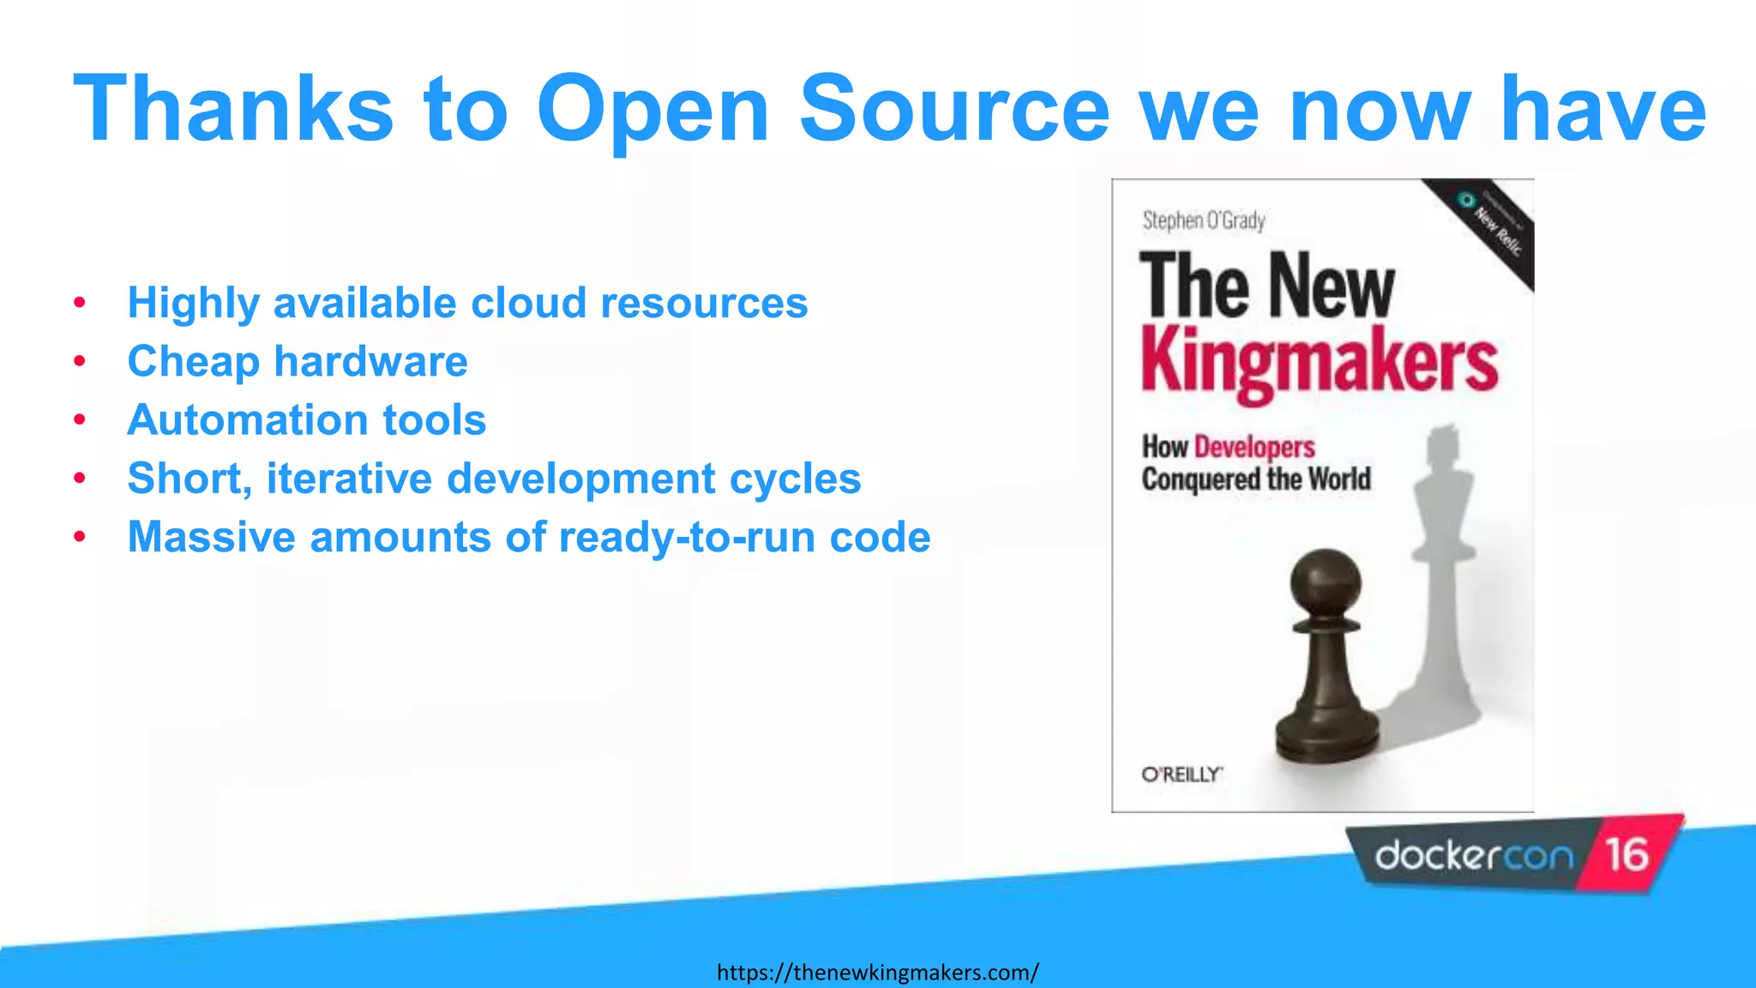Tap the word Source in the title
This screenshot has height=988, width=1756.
coord(953,109)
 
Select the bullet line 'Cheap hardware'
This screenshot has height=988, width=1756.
coord(298,361)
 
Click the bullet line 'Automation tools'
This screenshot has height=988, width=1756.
coord(307,420)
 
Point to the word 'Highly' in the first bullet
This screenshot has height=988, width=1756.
coord(194,304)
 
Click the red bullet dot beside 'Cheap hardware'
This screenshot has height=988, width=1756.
coord(80,362)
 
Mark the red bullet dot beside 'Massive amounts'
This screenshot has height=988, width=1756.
coord(80,538)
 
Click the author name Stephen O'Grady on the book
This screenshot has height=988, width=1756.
coord(1204,221)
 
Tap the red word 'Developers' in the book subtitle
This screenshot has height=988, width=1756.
coord(1254,447)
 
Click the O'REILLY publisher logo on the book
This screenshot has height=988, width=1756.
coord(1182,774)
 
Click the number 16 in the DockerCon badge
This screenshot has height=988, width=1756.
coord(1627,854)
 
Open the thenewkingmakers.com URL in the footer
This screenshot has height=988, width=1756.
coord(877,973)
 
